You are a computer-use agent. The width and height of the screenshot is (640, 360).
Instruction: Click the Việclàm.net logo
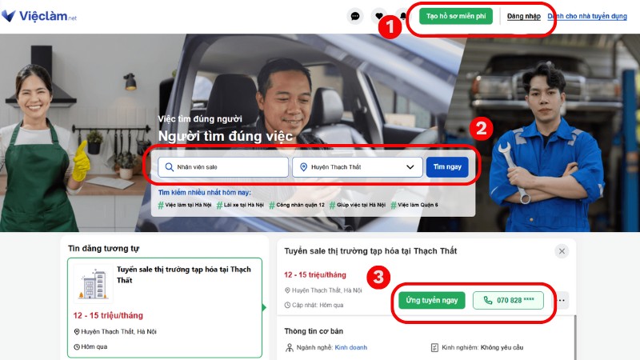pyautogui.click(x=38, y=15)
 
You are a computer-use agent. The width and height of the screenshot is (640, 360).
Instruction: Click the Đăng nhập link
pyautogui.click(x=524, y=16)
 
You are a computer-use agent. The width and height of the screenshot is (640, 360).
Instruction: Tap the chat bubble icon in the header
pyautogui.click(x=356, y=16)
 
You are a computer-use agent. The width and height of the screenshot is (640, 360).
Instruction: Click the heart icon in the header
pyautogui.click(x=380, y=16)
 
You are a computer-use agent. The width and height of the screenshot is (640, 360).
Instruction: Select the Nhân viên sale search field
pyautogui.click(x=223, y=167)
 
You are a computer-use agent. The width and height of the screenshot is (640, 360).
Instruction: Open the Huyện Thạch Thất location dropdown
pyautogui.click(x=358, y=167)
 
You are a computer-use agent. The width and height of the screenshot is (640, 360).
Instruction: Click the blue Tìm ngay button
pyautogui.click(x=447, y=166)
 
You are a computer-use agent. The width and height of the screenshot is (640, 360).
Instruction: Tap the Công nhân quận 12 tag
pyautogui.click(x=297, y=206)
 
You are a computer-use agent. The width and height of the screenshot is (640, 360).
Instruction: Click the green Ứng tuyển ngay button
pyautogui.click(x=431, y=301)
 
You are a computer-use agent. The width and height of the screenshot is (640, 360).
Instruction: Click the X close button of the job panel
pyautogui.click(x=562, y=251)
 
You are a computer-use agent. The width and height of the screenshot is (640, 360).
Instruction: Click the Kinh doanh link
pyautogui.click(x=350, y=348)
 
